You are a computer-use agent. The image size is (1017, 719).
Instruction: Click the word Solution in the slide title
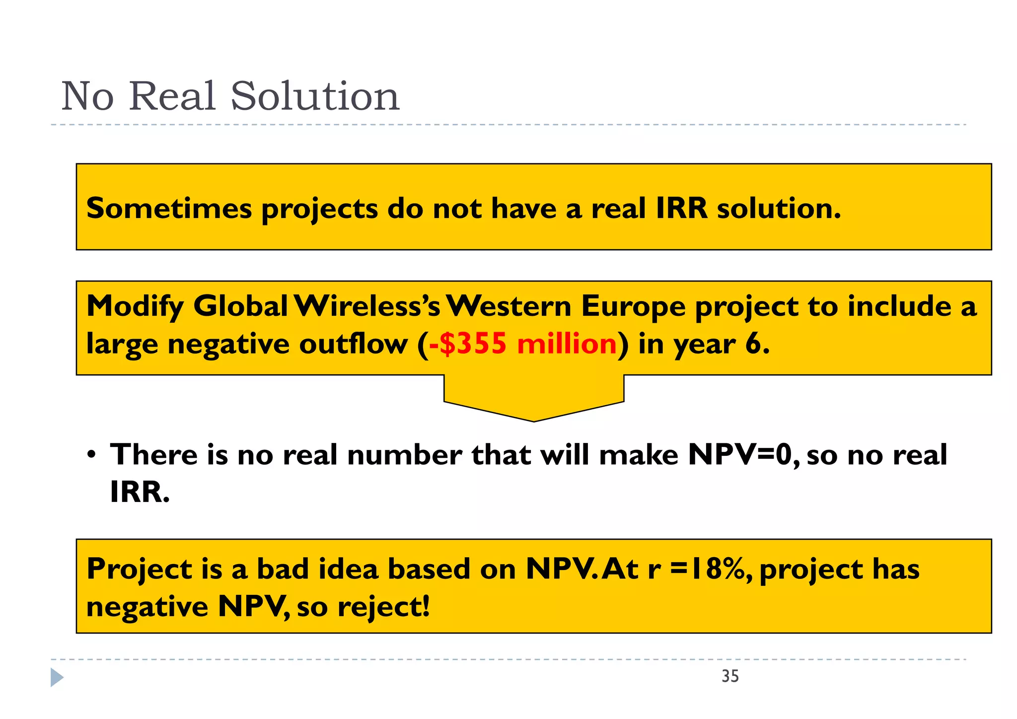[315, 96]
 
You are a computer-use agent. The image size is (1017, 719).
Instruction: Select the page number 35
[730, 676]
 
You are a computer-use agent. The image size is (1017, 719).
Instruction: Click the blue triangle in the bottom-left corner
[57, 677]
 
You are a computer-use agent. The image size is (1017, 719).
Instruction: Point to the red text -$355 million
[522, 344]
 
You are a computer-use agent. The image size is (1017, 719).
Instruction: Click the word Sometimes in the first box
[169, 208]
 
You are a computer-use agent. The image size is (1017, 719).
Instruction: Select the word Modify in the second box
[135, 306]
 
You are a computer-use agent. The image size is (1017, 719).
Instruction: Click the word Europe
[633, 306]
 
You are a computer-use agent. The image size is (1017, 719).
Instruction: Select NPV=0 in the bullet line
[743, 455]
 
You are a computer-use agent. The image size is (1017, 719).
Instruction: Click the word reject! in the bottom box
[383, 607]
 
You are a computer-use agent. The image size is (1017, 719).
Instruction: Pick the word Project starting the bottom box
[139, 569]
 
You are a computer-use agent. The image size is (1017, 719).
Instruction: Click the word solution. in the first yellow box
[779, 208]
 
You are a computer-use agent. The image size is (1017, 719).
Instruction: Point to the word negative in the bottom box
[147, 607]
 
